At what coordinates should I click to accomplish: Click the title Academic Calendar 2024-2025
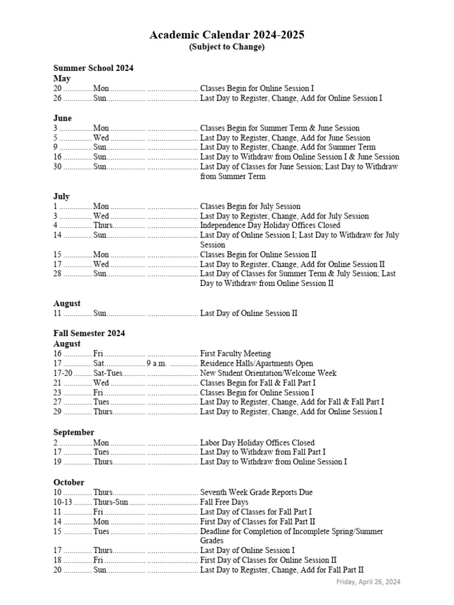(227, 35)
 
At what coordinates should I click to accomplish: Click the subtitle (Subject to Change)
(227, 47)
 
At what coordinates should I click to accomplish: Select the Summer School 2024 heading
(93, 68)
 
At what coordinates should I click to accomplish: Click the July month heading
(61, 196)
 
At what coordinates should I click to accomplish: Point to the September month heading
(74, 432)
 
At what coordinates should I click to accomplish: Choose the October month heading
(69, 482)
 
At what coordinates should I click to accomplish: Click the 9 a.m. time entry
(157, 363)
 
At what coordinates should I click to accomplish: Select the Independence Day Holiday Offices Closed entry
(270, 225)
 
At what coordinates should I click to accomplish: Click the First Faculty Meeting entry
(235, 353)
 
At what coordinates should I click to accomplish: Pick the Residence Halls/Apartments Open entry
(257, 363)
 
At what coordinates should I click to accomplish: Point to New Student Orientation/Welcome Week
(268, 373)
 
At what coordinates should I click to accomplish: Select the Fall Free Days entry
(224, 502)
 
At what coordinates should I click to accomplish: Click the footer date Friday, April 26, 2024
(368, 582)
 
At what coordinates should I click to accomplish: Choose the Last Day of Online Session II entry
(249, 313)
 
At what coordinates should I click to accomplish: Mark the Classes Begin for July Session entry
(250, 206)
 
